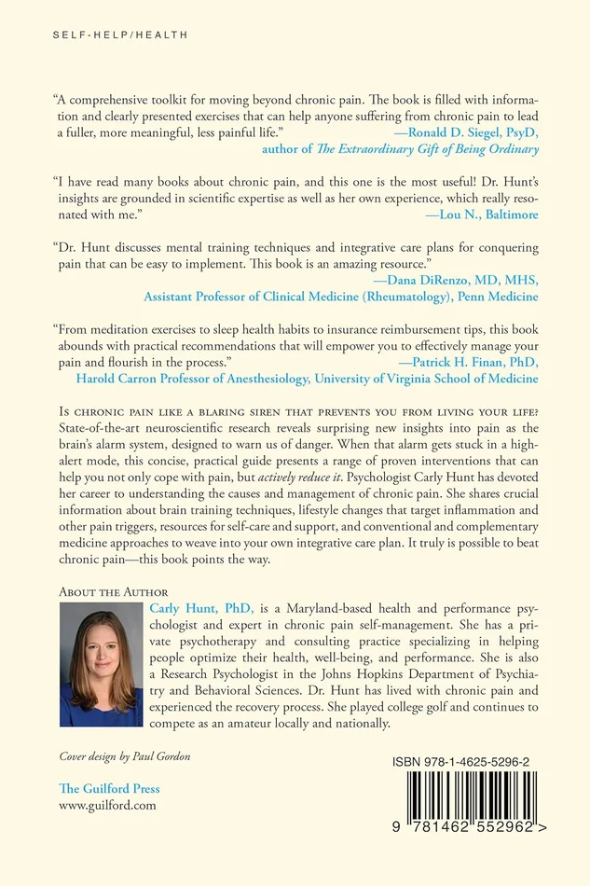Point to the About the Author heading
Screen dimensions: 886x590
pyautogui.click(x=114, y=591)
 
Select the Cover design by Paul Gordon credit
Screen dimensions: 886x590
pyautogui.click(x=121, y=755)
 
